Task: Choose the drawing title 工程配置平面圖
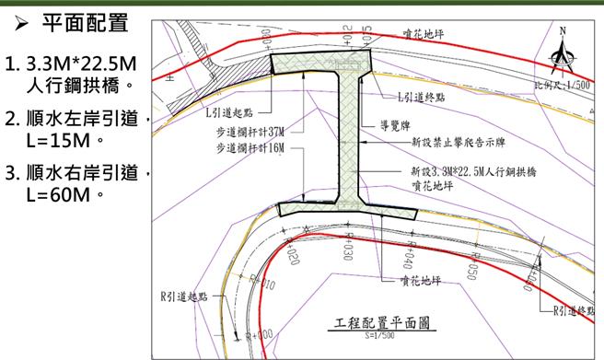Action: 380,323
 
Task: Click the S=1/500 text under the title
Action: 380,337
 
